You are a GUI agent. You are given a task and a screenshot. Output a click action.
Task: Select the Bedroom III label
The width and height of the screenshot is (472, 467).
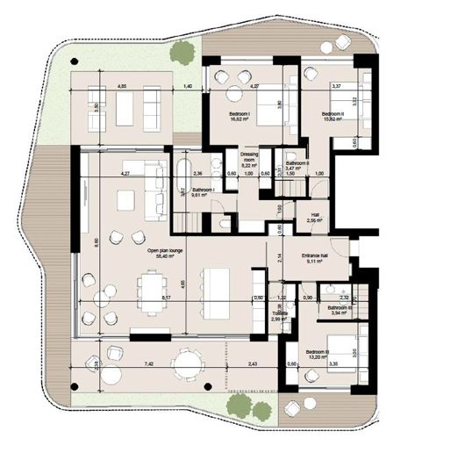click(317, 352)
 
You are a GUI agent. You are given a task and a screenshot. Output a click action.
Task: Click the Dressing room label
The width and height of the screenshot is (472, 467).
click(250, 155)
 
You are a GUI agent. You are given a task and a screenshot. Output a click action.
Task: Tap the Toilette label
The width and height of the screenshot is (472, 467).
click(280, 312)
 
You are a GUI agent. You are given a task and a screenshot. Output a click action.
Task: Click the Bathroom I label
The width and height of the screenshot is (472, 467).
click(204, 189)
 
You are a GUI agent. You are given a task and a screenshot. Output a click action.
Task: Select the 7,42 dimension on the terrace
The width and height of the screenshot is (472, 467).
click(125, 363)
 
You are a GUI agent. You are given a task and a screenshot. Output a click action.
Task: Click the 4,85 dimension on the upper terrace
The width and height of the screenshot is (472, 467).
click(123, 85)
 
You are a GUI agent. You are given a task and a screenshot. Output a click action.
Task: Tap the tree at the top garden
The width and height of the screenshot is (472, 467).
click(182, 52)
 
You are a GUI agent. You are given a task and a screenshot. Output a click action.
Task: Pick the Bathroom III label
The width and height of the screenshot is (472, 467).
click(340, 308)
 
